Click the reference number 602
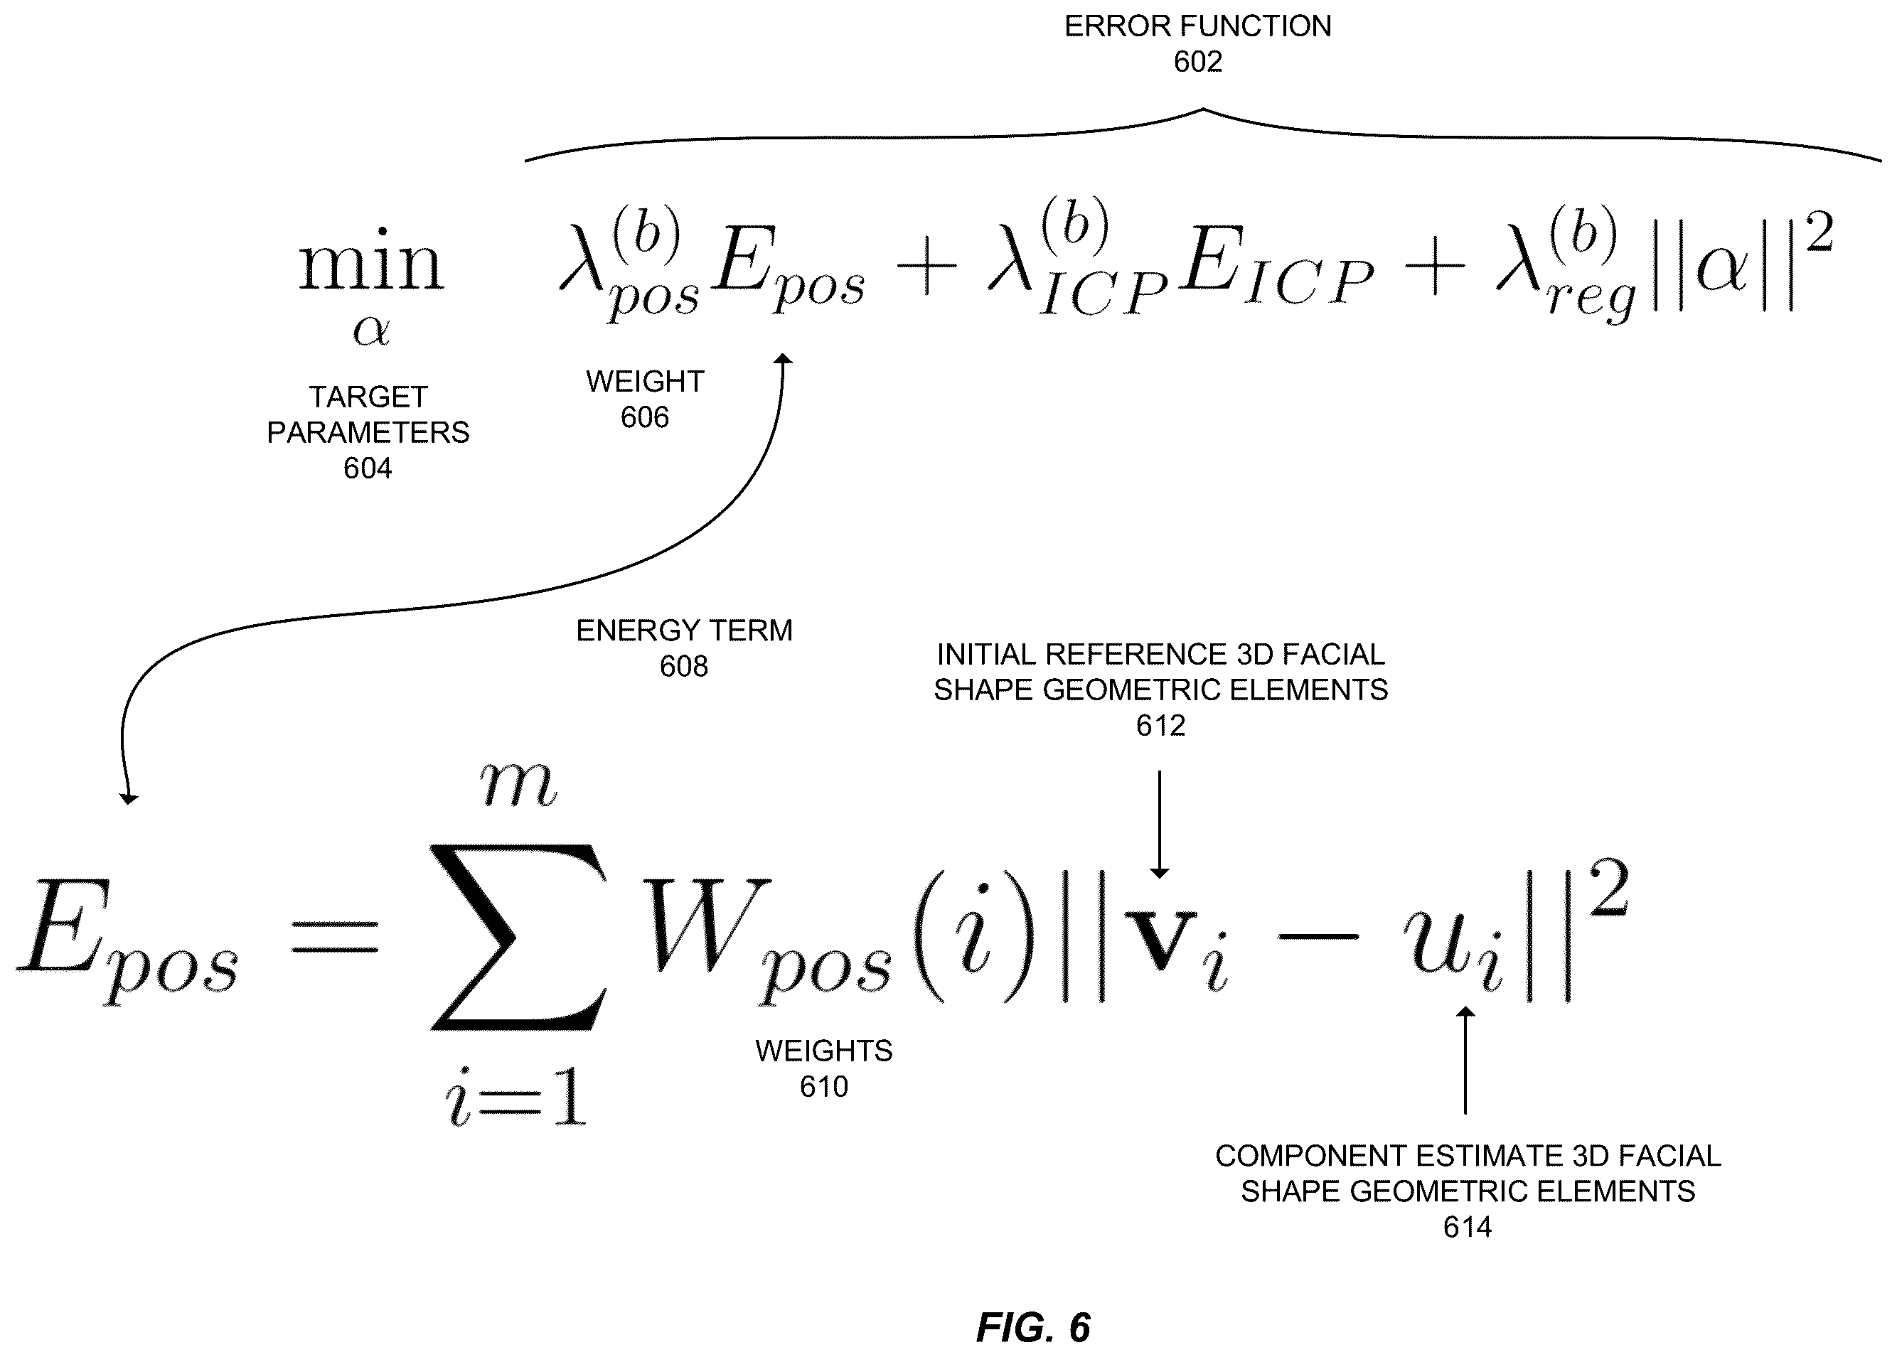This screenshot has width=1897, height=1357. pos(1197,62)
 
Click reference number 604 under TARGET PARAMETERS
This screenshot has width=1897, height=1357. pos(368,468)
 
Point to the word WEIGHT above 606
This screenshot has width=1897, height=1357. pos(645,382)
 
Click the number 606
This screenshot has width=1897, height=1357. pos(644,417)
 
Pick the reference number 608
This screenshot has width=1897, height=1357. pos(683,666)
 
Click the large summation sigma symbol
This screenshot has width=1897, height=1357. pos(518,937)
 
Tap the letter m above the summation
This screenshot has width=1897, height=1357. pos(518,785)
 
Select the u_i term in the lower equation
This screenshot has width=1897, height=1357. pos(1454,948)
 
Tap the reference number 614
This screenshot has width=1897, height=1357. pos(1468,1227)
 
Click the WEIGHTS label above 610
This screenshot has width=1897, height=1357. pos(824,1051)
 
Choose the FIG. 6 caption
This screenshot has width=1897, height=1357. pos(1034,1327)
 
